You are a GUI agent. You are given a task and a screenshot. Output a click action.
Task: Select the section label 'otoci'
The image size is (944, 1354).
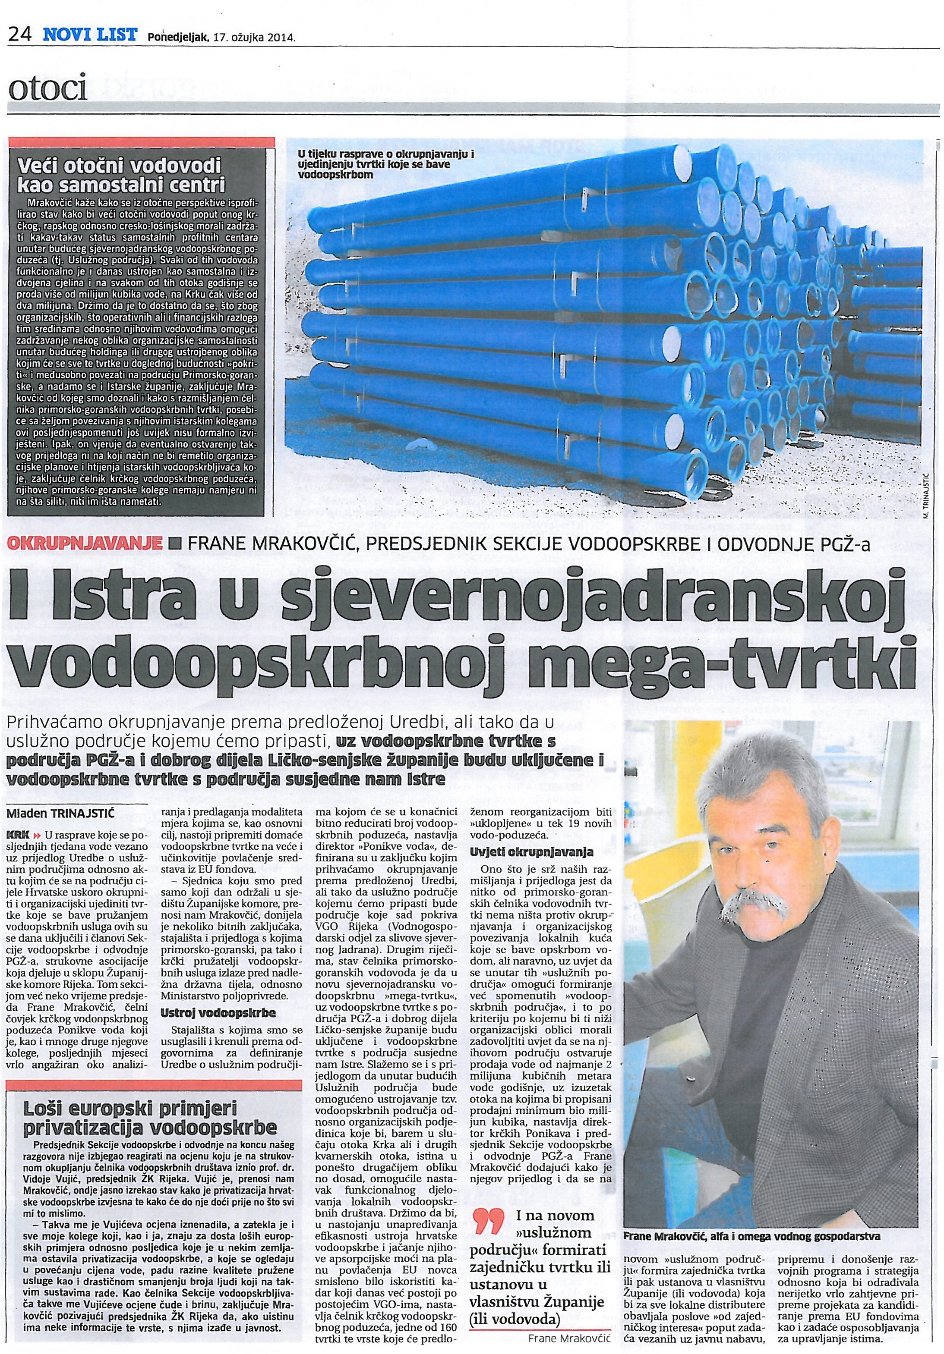click(x=47, y=90)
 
